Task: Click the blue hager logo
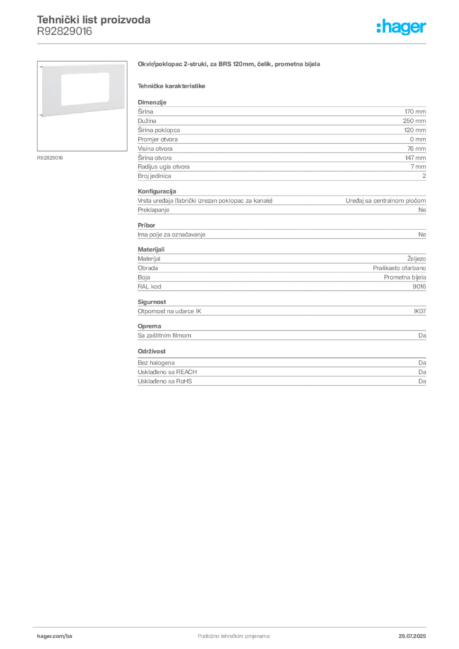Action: [403, 28]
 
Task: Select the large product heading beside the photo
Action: [230, 65]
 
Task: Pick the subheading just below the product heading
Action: [172, 85]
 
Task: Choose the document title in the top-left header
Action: [94, 20]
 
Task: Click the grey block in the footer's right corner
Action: [415, 633]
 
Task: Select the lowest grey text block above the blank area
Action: [281, 375]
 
